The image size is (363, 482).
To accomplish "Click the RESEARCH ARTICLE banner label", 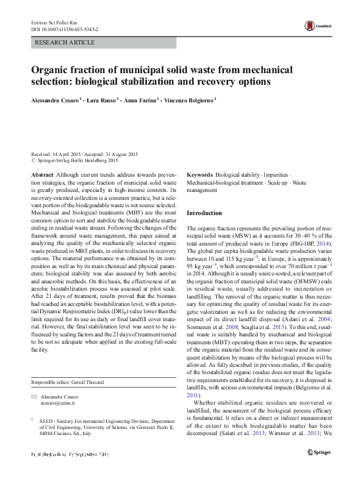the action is coord(65,43).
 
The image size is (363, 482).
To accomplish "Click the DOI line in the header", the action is coord(64,29).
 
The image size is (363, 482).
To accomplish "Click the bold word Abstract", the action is coord(42,174).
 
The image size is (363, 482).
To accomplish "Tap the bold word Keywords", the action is coord(199,174).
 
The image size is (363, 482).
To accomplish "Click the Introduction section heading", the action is coord(204,213).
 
